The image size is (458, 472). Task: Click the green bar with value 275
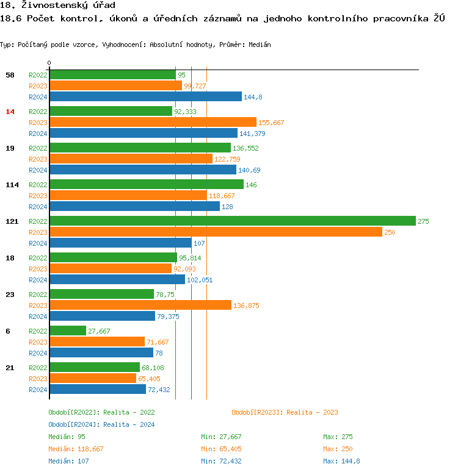232,221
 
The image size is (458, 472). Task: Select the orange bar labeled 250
216,232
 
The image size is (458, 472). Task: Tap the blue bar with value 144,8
145,96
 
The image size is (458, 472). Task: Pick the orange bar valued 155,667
153,122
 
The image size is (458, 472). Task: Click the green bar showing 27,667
68,331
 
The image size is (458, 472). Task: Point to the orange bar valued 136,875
140,305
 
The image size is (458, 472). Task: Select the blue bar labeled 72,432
98,389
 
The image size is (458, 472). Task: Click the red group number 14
10,112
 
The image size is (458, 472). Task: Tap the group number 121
12,221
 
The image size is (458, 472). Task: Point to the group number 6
8,331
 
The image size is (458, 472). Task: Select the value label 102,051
201,280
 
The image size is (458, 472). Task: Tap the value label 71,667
158,342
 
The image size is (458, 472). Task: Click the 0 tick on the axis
49,63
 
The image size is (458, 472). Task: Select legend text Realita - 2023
312,413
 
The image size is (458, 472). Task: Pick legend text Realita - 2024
129,424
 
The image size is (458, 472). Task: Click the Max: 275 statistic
338,437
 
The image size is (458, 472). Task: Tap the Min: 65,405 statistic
223,449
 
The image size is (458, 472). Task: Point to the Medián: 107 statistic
68,461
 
